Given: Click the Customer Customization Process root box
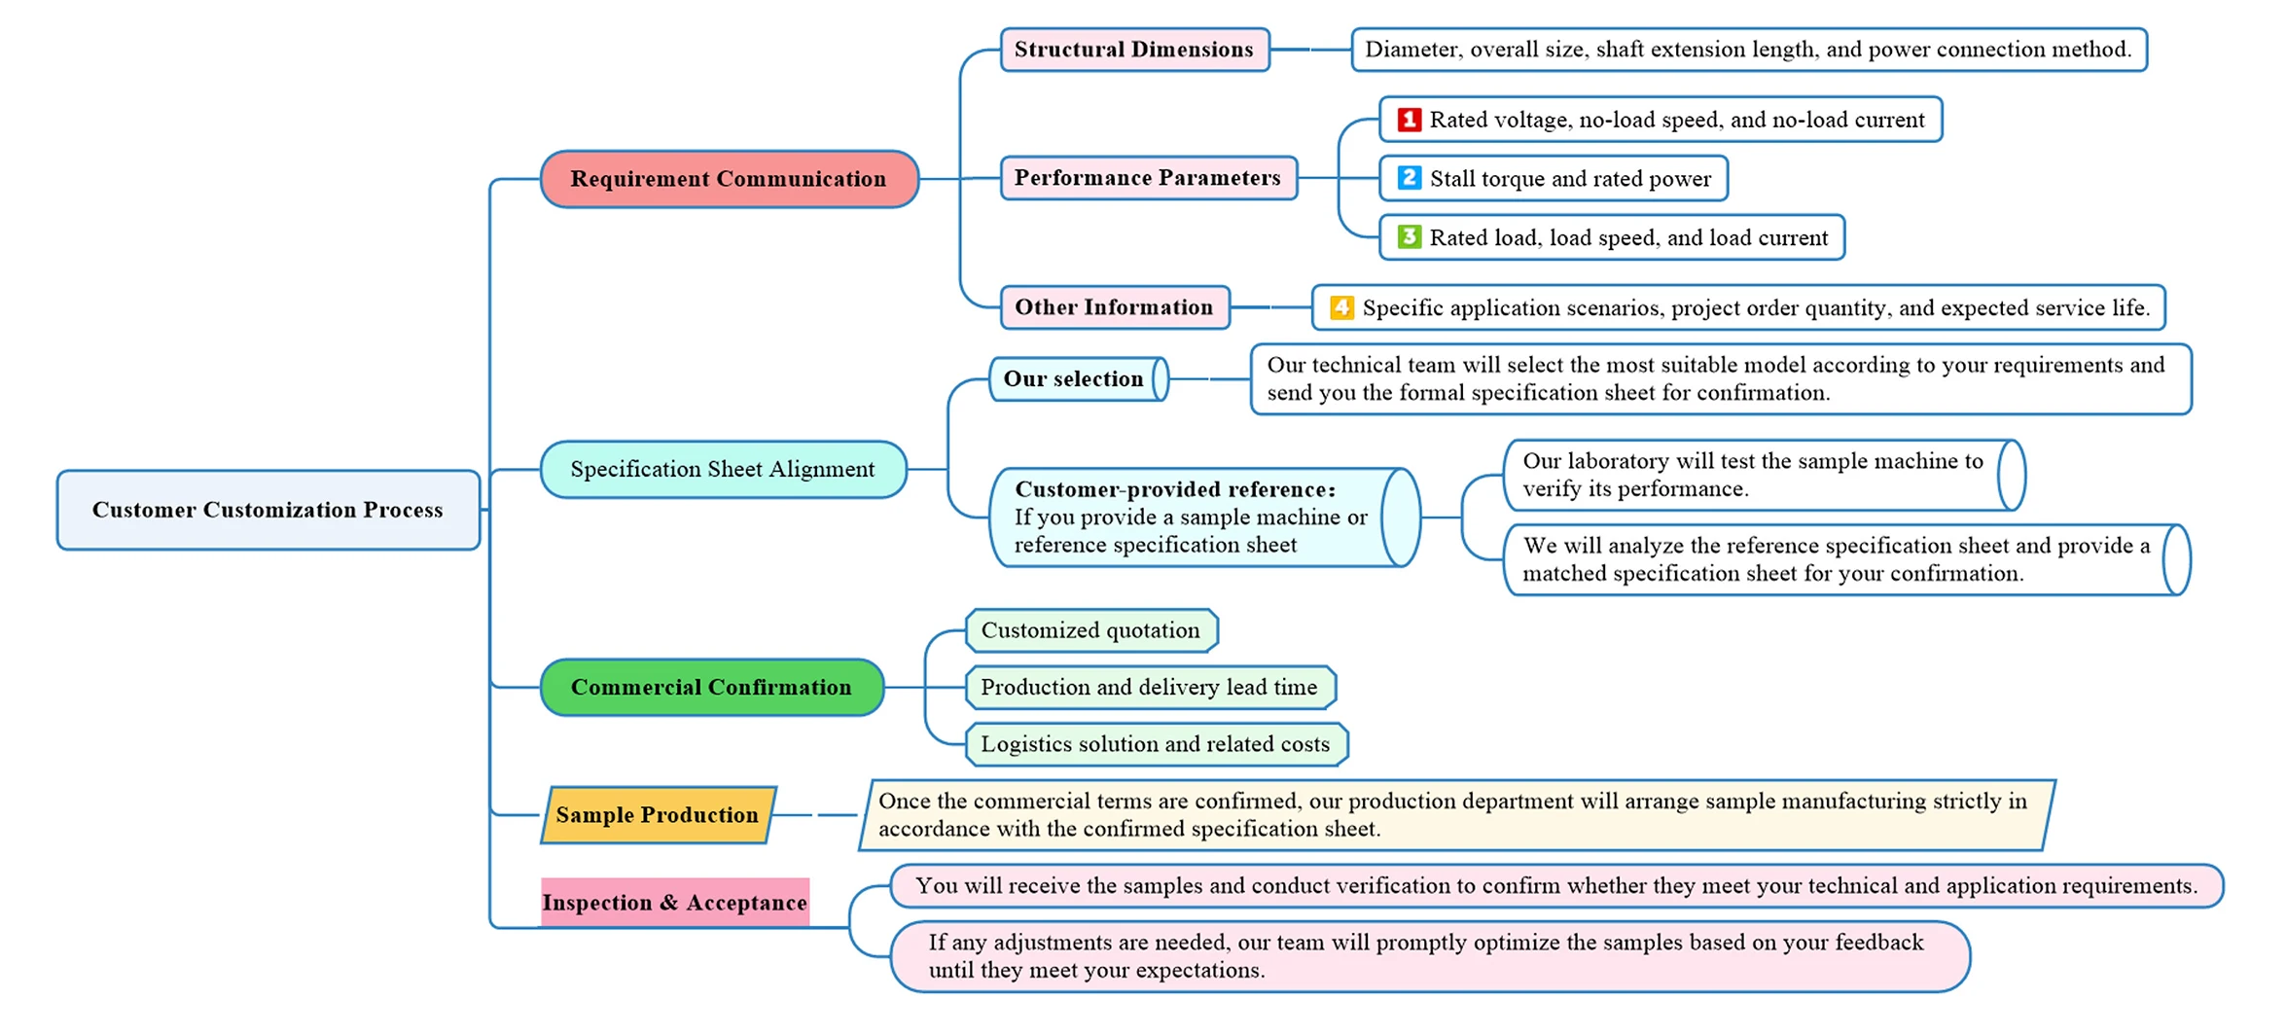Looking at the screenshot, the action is [x=268, y=510].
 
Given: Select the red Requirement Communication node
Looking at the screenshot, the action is [x=730, y=179].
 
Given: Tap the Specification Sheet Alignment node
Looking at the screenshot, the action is [x=724, y=469].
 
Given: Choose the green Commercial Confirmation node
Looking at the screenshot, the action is [x=712, y=687].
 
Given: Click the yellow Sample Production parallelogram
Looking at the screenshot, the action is [x=659, y=814].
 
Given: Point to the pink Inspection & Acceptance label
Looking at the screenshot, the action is [x=675, y=902].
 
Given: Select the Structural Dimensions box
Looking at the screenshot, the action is [x=1135, y=50].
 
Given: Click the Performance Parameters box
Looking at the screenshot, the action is [x=1149, y=178].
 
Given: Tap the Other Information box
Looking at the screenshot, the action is [x=1115, y=307].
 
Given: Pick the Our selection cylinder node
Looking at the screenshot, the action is [x=1079, y=378].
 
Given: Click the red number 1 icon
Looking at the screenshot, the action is [x=1409, y=119].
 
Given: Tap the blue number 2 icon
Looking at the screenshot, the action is [x=1409, y=178].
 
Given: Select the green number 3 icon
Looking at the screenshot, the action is [x=1409, y=236].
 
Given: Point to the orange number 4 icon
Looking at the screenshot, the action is [x=1341, y=307].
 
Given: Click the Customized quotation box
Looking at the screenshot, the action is [x=1091, y=630].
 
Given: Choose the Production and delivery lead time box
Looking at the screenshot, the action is [x=1151, y=687].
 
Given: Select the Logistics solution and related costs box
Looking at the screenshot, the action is [x=1157, y=744].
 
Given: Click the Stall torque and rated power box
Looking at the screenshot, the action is [x=1554, y=178].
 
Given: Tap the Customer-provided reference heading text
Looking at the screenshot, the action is [x=1175, y=489].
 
